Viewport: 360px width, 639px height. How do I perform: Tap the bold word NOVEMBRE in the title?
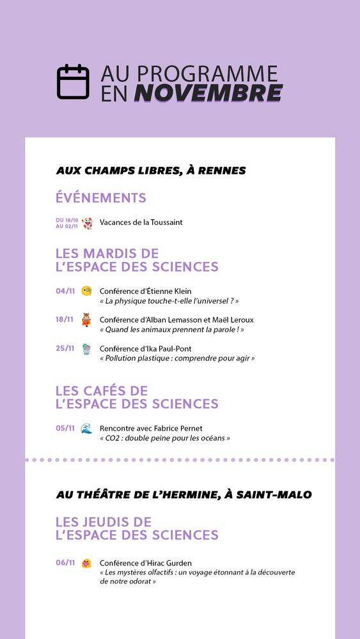(208, 93)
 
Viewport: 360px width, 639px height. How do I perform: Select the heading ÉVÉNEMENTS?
(100, 198)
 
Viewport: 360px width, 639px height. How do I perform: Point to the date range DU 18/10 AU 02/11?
(67, 223)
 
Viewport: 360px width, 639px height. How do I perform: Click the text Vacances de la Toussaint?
(141, 222)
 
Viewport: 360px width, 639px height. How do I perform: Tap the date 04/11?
(65, 291)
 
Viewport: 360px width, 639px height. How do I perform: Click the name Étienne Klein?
(169, 291)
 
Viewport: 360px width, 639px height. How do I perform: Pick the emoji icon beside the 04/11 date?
(86, 291)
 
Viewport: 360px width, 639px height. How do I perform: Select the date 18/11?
(65, 319)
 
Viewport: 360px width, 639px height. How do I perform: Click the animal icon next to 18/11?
(86, 320)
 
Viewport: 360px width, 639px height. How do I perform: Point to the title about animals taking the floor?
(171, 330)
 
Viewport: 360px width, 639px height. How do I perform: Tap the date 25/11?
(65, 348)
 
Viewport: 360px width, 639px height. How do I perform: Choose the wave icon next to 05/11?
(86, 429)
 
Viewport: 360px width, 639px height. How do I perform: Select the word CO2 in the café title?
(113, 438)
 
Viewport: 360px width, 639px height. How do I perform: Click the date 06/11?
(65, 563)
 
